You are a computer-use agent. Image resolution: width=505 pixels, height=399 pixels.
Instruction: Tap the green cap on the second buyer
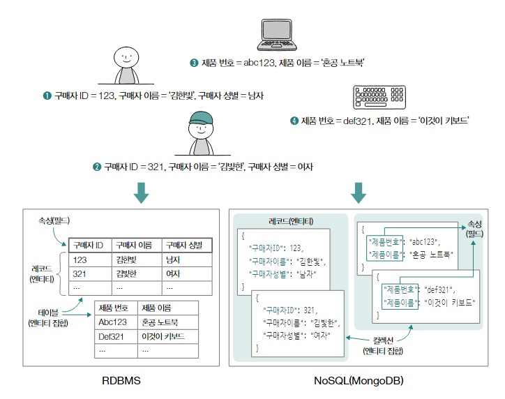tap(201, 120)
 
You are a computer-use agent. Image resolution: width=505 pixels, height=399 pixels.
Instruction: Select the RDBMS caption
tap(122, 382)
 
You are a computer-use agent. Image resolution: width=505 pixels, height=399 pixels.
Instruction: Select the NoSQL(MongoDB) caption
tap(358, 382)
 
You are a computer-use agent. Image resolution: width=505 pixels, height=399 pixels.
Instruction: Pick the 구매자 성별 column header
tap(186, 245)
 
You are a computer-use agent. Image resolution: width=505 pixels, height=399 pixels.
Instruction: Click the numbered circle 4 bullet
tap(294, 121)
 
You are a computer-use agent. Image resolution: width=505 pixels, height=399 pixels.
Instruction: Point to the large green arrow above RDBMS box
tap(142, 192)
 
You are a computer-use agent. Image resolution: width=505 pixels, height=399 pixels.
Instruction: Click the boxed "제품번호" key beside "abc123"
tap(384, 241)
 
